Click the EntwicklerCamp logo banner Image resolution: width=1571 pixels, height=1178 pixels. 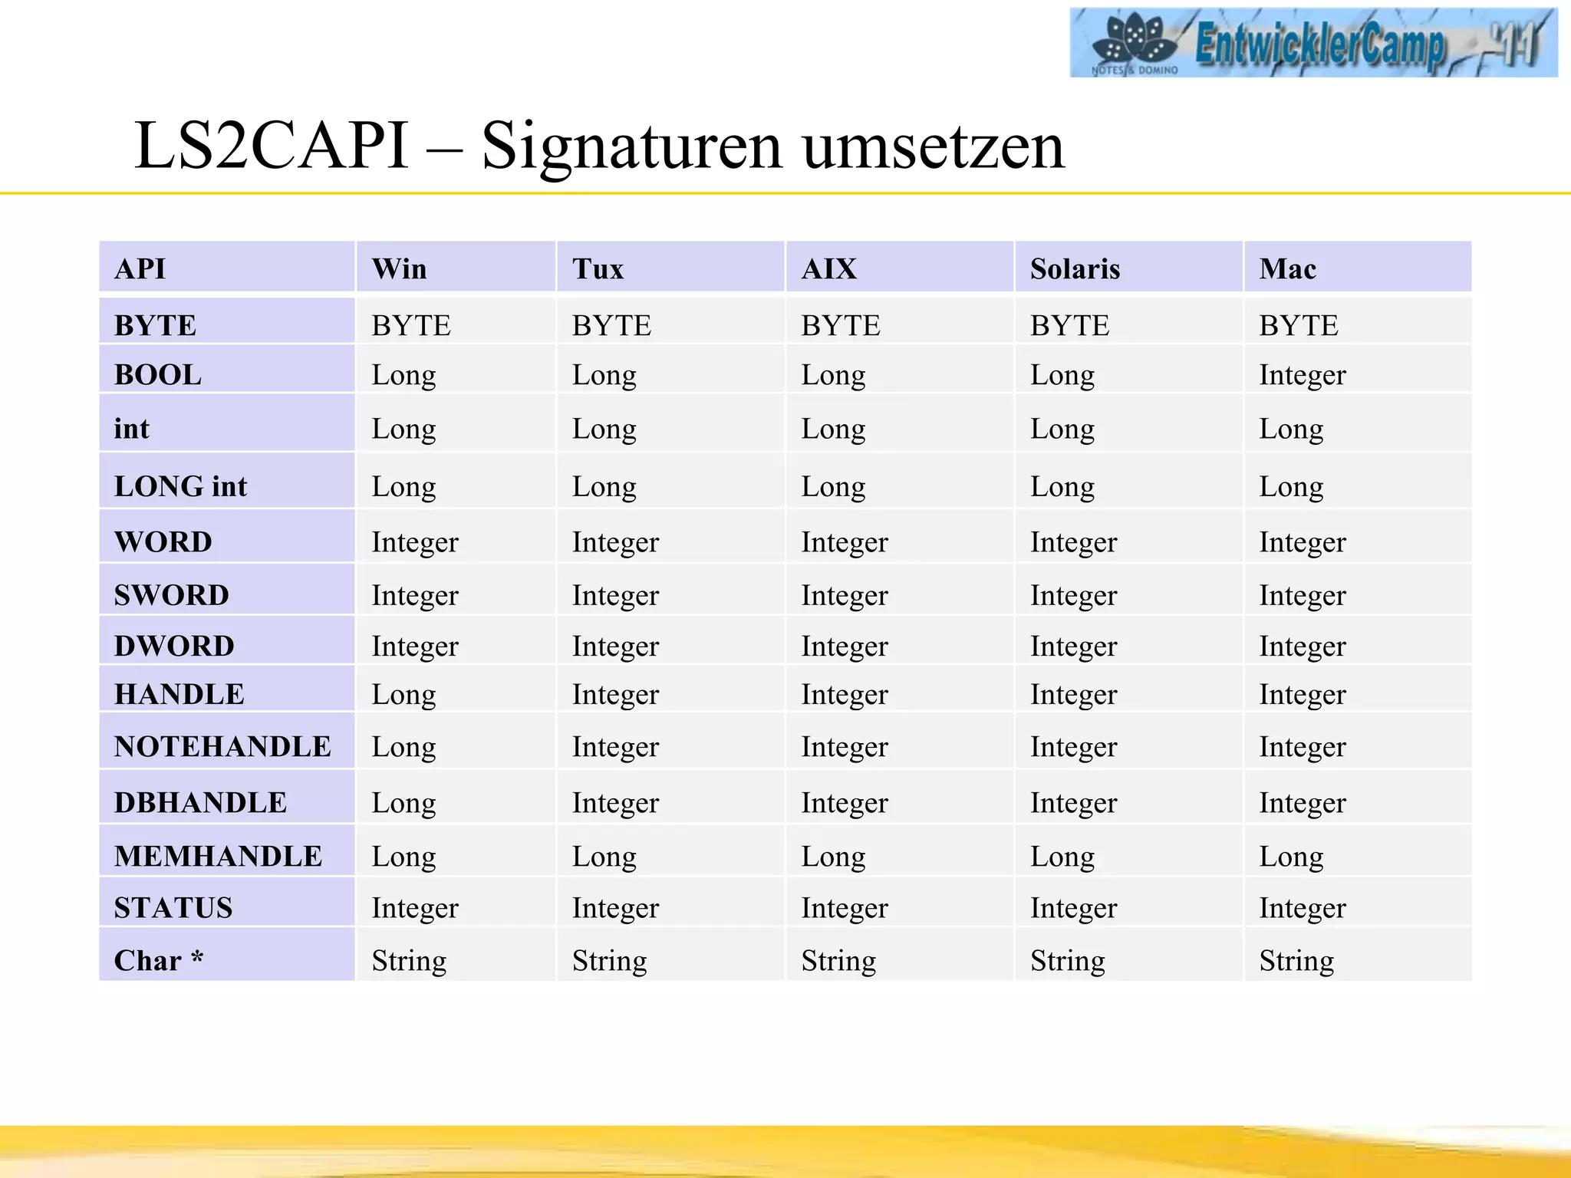[x=1312, y=43]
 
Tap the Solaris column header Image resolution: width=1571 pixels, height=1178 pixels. [x=1075, y=269]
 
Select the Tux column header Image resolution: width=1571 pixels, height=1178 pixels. [x=598, y=269]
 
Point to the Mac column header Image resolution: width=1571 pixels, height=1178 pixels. [x=1287, y=269]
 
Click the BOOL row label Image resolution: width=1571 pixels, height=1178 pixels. [x=158, y=375]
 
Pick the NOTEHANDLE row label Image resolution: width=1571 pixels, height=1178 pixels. [x=222, y=746]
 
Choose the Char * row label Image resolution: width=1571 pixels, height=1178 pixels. [x=159, y=960]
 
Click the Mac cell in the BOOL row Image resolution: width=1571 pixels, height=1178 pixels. [x=1302, y=375]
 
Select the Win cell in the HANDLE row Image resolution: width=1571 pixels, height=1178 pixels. [x=403, y=694]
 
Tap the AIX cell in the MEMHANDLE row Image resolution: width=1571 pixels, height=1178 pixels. [x=833, y=856]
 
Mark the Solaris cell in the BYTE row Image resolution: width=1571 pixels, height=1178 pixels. [x=1069, y=326]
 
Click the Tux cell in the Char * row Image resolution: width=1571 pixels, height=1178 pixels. [x=609, y=960]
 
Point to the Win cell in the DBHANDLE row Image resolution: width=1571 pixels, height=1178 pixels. [x=403, y=802]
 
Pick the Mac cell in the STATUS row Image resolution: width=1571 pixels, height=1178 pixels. [x=1302, y=908]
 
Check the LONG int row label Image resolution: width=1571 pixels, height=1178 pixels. [x=180, y=486]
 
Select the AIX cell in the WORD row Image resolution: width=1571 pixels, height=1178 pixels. [x=844, y=542]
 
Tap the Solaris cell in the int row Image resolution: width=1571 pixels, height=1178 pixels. [x=1062, y=429]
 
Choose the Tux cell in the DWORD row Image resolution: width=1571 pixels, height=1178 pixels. [x=615, y=646]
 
